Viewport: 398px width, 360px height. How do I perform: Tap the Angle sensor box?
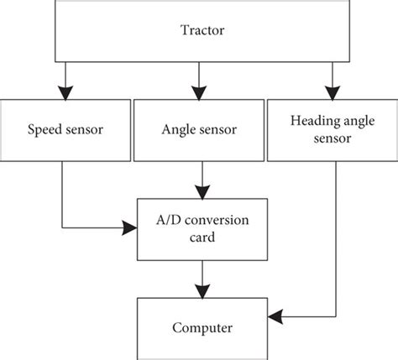[198, 130]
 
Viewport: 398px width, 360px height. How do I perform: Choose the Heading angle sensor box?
[332, 130]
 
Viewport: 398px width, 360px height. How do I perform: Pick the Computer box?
[198, 326]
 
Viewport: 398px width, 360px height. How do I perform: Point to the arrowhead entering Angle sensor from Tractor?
[198, 92]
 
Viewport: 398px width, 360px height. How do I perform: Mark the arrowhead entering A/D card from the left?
[131, 227]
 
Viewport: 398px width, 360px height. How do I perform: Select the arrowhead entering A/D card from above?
[198, 190]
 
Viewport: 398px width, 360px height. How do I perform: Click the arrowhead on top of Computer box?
[198, 291]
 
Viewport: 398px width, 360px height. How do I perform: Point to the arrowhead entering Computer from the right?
[272, 318]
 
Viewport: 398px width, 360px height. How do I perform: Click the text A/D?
[167, 219]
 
